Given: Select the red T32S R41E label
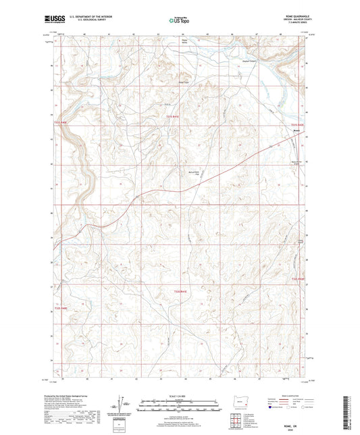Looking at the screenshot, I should (x=177, y=291).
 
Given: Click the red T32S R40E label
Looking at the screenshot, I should (x=61, y=309).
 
